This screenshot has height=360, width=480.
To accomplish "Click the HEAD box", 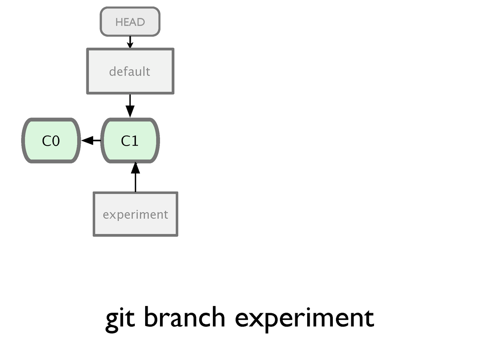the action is (130, 22).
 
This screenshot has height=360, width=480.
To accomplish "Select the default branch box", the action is (130, 71).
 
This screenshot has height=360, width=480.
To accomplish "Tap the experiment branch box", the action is (136, 214).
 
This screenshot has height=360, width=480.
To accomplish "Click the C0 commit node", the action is (51, 140).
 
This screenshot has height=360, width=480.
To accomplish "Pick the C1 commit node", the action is (130, 140).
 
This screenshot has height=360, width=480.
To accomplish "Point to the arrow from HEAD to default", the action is (130, 42).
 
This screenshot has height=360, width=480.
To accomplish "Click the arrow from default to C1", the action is (130, 106).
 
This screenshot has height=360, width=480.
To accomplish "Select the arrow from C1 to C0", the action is (91, 140).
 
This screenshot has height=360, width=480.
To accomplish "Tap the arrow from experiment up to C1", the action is (136, 177).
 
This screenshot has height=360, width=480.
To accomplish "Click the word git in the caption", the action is (120, 319).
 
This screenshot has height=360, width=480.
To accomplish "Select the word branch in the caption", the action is (184, 317).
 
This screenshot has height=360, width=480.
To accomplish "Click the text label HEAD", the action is (130, 22).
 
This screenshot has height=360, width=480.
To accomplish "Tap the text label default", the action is (130, 71).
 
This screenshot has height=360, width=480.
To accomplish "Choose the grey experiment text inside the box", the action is (136, 215).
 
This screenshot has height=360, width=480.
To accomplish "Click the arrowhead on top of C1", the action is (130, 112).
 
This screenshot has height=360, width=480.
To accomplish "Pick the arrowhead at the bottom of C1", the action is (136, 168).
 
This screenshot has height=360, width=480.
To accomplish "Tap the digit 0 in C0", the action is (56, 141).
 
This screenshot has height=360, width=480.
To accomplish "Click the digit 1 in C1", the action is (135, 141).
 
